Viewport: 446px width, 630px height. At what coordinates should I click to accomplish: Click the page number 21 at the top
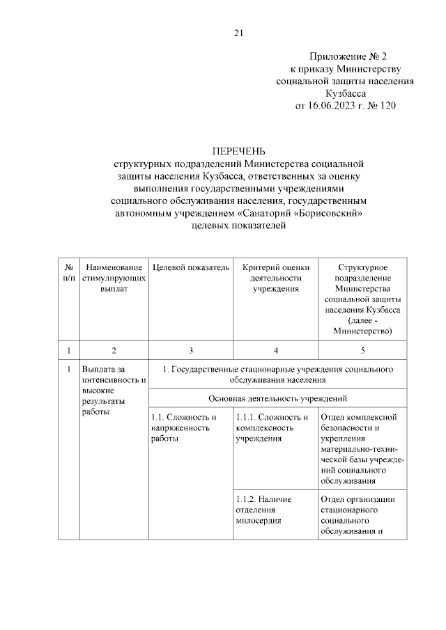click(238, 33)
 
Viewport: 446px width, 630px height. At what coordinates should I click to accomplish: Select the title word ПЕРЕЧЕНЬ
click(239, 151)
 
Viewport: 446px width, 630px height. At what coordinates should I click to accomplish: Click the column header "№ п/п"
click(69, 272)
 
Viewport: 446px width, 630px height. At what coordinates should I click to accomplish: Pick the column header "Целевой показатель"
click(190, 267)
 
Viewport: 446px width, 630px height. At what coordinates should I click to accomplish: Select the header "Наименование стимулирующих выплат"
click(114, 277)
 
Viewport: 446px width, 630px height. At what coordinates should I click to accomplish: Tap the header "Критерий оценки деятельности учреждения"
click(275, 277)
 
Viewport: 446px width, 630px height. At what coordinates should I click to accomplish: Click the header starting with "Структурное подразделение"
click(362, 299)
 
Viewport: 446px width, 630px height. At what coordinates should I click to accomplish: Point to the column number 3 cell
click(190, 349)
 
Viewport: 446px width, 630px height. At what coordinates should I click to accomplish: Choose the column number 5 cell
click(362, 349)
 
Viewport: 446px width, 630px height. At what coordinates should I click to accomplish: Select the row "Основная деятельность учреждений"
click(278, 398)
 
